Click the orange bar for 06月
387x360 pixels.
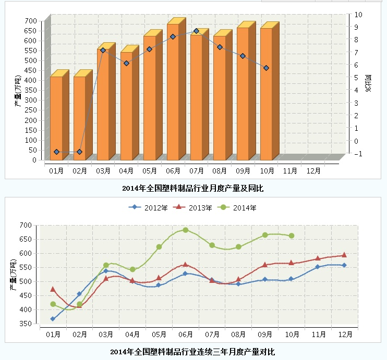173,94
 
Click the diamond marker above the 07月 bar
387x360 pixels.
196,31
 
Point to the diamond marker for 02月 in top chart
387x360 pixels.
79,152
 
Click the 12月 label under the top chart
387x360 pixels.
313,170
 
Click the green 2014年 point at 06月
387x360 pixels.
185,230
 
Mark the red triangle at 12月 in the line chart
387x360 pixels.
344,255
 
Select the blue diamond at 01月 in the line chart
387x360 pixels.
53,319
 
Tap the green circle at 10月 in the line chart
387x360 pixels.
292,235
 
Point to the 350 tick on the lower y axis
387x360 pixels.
26,324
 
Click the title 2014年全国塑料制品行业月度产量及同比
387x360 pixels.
192,188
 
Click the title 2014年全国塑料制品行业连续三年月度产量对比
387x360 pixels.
192,352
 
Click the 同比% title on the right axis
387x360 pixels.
368,83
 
